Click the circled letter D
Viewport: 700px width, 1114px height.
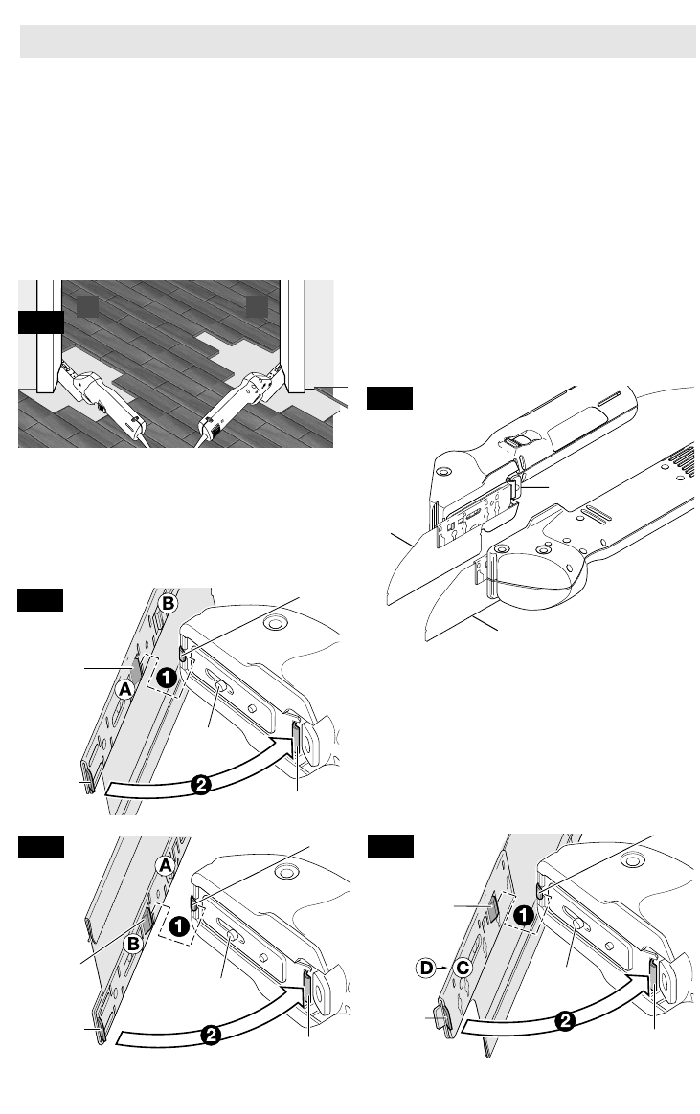pyautogui.click(x=426, y=968)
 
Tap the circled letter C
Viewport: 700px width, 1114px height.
pyautogui.click(x=463, y=968)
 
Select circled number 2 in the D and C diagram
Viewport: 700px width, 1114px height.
pyautogui.click(x=565, y=1022)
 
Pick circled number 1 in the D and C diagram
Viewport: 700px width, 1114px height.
pyautogui.click(x=523, y=916)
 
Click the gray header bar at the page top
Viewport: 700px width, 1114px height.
pyautogui.click(x=358, y=41)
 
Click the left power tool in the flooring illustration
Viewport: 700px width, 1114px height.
pyautogui.click(x=106, y=400)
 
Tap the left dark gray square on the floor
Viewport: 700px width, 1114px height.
pyautogui.click(x=87, y=306)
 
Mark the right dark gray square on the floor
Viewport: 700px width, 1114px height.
pyautogui.click(x=257, y=306)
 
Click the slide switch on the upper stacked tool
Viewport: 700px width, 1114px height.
pyautogui.click(x=517, y=441)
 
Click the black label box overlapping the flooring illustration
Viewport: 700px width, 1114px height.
pyautogui.click(x=40, y=322)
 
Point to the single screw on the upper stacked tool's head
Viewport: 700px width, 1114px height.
pyautogui.click(x=444, y=472)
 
